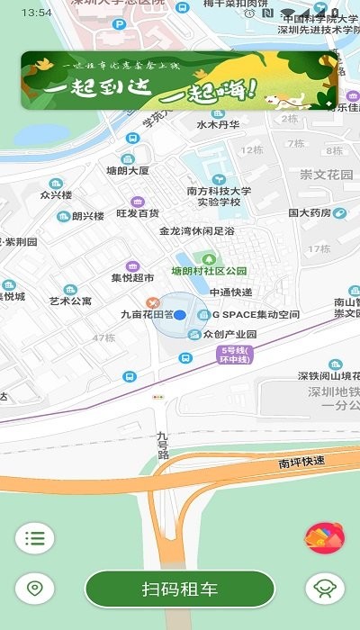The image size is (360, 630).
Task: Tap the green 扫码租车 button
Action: [180, 589]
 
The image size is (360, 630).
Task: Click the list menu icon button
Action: [35, 539]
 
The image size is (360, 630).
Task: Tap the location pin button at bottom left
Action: [35, 589]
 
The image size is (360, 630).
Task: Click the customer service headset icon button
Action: [325, 589]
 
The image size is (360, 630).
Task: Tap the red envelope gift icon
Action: [325, 539]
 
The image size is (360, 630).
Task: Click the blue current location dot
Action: [179, 315]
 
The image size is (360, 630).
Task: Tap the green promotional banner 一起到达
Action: [179, 80]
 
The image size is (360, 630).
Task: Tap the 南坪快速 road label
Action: [301, 462]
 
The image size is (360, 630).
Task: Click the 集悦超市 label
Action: [133, 278]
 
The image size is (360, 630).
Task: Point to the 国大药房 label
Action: [310, 213]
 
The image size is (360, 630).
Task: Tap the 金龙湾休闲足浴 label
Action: [196, 231]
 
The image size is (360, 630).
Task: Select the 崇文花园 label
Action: [327, 174]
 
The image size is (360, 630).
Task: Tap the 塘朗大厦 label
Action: [127, 170]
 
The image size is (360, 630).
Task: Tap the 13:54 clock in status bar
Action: [36, 13]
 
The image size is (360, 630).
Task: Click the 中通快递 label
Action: [230, 292]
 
